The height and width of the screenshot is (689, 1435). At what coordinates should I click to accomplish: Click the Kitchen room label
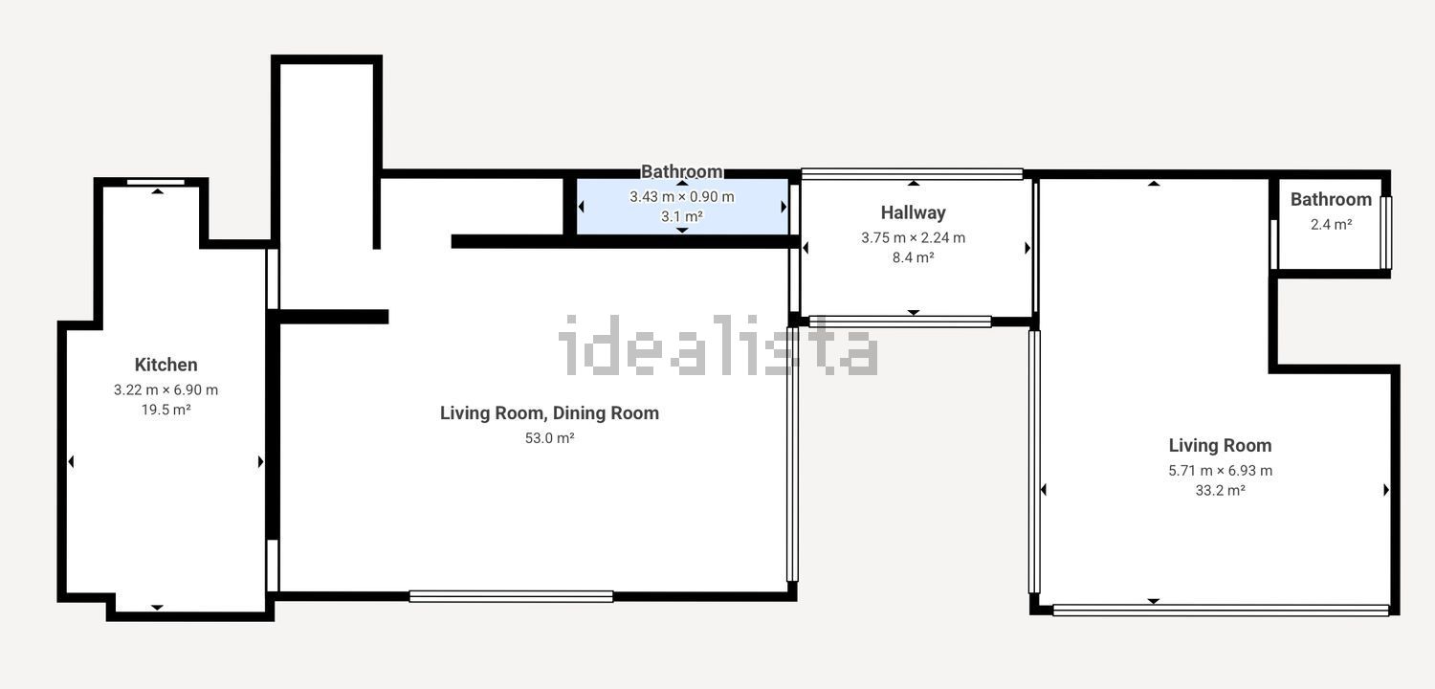point(166,365)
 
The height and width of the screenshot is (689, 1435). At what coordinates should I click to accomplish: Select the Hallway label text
point(913,212)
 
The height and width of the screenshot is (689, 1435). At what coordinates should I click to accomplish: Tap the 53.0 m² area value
point(550,437)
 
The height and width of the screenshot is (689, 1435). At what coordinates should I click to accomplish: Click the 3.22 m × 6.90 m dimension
point(166,389)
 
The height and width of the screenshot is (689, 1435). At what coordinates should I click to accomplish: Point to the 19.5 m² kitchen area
point(166,410)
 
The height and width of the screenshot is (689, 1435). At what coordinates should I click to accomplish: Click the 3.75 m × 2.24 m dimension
point(913,237)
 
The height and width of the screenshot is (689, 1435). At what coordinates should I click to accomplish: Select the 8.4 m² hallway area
point(913,257)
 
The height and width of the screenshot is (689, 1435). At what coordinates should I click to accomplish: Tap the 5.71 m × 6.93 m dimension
point(1221,471)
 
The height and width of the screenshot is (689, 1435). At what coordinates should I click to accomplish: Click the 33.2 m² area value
point(1221,490)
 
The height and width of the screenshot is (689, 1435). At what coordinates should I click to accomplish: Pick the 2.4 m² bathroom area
point(1332,224)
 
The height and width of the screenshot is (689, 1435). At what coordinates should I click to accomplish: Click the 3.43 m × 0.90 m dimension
point(681,197)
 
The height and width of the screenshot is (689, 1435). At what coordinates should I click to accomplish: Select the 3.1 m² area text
point(681,216)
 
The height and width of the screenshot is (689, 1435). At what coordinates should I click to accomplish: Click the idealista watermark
point(718,345)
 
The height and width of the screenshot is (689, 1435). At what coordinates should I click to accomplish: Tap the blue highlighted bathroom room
point(682,207)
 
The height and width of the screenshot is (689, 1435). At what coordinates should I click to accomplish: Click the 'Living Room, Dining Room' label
point(550,412)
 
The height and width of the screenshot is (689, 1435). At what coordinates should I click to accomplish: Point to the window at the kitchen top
point(156,182)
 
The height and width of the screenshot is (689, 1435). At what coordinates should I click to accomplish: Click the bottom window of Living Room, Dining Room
point(511,597)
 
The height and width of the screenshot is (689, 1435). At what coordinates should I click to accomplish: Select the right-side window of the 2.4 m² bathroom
point(1385,233)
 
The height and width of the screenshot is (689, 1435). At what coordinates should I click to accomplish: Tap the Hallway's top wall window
point(913,174)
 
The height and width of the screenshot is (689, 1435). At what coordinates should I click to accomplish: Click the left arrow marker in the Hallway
point(806,248)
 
